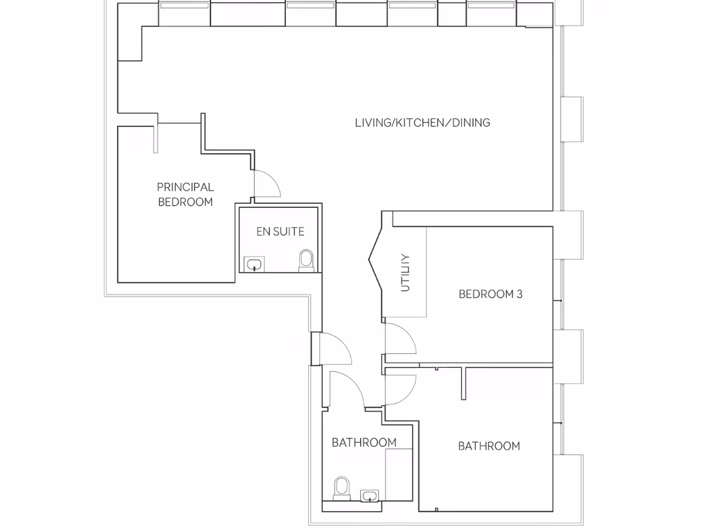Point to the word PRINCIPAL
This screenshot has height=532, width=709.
[185, 187]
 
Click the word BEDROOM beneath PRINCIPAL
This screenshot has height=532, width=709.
[185, 202]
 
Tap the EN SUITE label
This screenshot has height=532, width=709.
[280, 231]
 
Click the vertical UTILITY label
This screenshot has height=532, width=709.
[406, 272]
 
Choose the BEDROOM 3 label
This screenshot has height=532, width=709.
[490, 294]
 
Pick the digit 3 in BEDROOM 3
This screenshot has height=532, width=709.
[519, 294]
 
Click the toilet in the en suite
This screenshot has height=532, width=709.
[305, 260]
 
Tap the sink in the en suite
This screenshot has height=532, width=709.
[255, 264]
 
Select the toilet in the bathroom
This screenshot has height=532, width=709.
[341, 487]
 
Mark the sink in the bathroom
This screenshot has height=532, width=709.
[370, 495]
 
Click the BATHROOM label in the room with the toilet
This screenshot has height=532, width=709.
[364, 443]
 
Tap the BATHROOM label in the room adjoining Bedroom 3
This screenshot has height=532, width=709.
[489, 446]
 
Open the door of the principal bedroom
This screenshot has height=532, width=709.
[266, 184]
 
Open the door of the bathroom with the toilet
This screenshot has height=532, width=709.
[346, 388]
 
